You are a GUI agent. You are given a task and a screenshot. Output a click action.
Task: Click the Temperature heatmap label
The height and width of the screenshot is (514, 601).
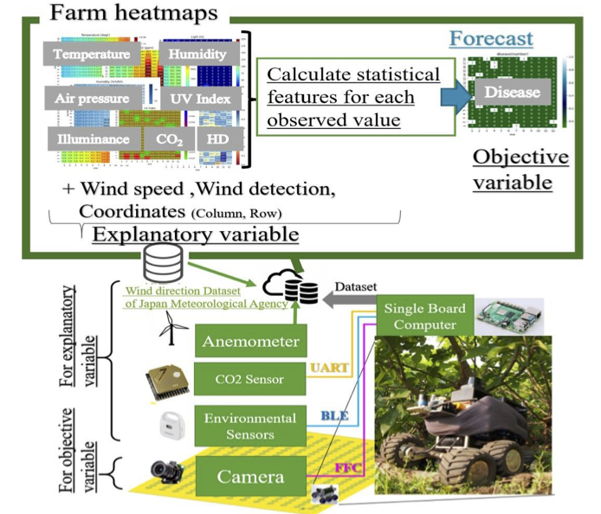click(96, 54)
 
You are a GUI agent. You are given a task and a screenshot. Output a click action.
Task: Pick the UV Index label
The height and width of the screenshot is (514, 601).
click(200, 98)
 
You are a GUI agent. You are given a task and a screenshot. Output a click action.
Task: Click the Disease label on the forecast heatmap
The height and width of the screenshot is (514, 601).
click(512, 93)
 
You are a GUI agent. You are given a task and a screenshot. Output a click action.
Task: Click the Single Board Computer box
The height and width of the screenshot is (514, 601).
click(427, 317)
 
